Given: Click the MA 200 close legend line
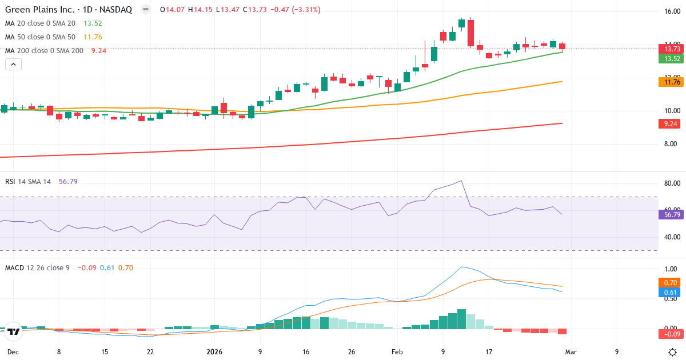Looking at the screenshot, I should coord(44,51).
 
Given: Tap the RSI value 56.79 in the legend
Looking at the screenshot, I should coord(68,182).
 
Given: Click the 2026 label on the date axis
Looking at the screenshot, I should coord(214,352).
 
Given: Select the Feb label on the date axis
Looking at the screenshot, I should coord(397,352).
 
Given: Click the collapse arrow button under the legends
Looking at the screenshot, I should coord(13,65).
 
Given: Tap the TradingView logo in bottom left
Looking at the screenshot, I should coord(14,331).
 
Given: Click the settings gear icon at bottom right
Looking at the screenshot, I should coord(673,352).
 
